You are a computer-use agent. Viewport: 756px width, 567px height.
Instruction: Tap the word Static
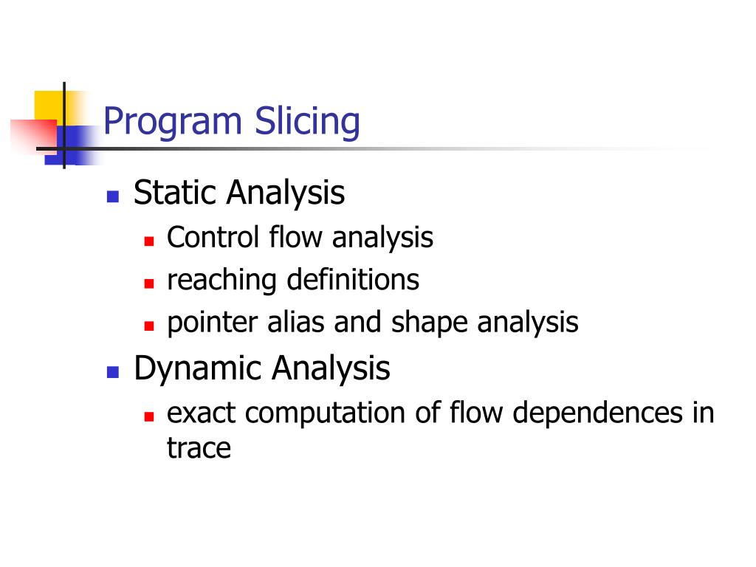(x=176, y=193)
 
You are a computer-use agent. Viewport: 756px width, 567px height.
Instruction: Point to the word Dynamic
(x=197, y=368)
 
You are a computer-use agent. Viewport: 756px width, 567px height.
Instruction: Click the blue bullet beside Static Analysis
(x=112, y=196)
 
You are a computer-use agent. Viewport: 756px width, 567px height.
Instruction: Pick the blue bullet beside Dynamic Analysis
(x=112, y=371)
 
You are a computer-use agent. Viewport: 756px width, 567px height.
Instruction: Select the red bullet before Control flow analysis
(x=148, y=241)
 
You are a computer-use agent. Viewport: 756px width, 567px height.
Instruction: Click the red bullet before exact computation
(x=148, y=416)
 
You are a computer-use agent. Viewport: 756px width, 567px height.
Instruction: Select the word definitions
(x=353, y=280)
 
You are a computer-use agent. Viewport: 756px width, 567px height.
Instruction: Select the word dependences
(x=597, y=413)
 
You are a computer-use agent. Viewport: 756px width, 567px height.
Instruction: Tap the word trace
(x=199, y=448)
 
